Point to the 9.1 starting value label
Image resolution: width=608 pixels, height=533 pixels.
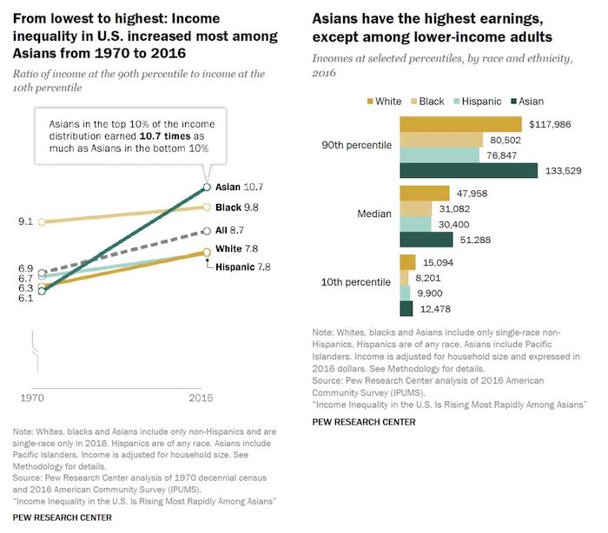pos(25,221)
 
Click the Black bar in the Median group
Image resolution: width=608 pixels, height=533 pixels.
pos(415,208)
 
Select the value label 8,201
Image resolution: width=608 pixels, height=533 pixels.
pos(431,278)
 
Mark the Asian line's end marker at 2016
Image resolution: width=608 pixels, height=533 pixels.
pos(207,186)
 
